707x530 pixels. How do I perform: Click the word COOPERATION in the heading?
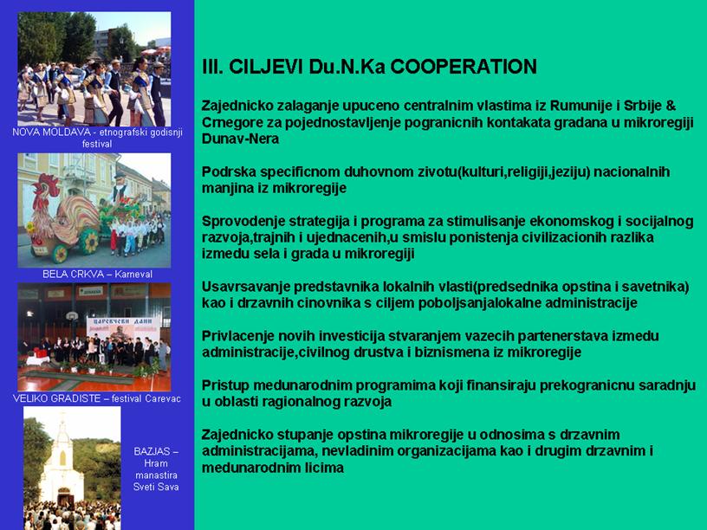(464, 67)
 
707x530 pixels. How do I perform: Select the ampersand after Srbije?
(671, 106)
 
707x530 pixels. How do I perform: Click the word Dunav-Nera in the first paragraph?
(240, 139)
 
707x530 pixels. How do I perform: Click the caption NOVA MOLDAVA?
(51, 132)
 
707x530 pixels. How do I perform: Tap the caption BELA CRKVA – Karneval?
(97, 274)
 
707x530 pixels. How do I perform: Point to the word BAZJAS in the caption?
(152, 451)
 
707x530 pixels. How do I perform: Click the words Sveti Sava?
(156, 487)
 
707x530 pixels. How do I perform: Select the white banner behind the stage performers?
(123, 328)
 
